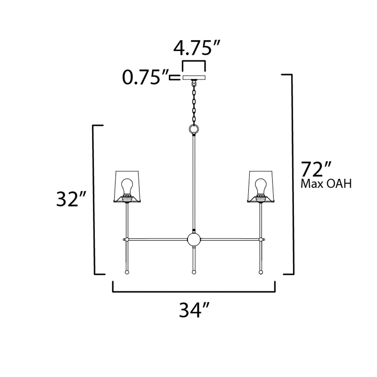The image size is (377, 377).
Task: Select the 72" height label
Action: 316,169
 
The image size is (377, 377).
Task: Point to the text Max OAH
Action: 326,184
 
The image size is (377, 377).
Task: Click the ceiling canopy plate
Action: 194,77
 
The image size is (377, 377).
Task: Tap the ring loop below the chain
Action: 194,129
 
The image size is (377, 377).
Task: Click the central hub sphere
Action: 194,239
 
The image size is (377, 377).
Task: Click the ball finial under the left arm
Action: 127,272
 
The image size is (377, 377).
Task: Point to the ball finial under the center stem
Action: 194,272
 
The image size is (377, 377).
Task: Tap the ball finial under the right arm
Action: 260,272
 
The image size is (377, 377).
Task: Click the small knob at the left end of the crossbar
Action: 124,239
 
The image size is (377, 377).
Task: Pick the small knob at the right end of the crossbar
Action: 264,239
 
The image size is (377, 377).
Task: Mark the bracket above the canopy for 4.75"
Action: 194,62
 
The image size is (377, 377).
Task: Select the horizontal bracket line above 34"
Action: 194,292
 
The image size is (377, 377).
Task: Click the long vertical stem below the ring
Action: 194,183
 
